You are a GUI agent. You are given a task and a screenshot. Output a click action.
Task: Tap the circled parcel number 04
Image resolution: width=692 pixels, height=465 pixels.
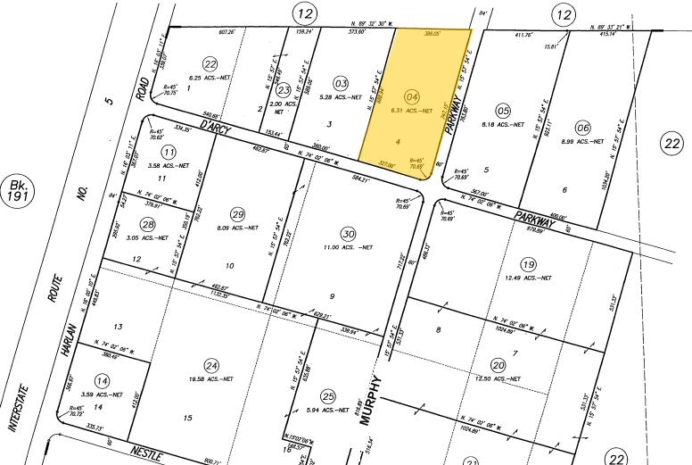(412, 96)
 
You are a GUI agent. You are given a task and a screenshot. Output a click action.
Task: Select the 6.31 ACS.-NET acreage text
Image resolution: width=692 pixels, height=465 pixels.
(412, 112)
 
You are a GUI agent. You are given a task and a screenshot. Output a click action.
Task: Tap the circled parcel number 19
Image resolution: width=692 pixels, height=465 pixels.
(529, 264)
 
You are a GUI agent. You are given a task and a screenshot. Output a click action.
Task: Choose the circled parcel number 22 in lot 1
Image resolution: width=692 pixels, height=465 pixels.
(210, 63)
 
